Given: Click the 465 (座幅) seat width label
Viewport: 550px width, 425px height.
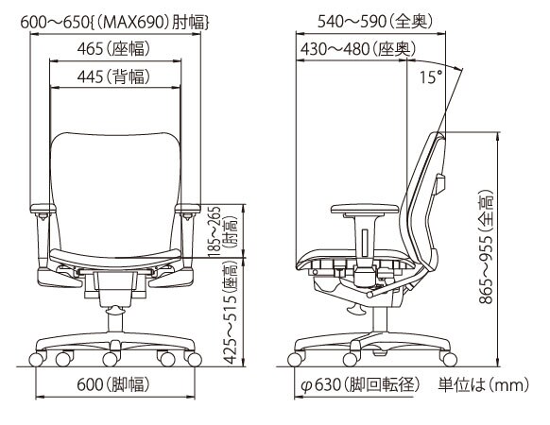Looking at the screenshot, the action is tap(113, 48).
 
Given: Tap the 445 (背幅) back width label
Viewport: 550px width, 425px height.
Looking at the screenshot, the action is tap(113, 76).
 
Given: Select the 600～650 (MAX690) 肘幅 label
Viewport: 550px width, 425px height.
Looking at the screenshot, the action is tap(115, 23).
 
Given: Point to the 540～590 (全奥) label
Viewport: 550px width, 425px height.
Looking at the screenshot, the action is tap(375, 21).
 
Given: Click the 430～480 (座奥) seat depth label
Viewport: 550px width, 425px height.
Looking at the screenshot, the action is tap(358, 49).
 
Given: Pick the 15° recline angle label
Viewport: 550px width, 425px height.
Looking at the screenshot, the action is tap(431, 77).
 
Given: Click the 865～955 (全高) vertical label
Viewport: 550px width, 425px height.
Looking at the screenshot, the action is tap(487, 246).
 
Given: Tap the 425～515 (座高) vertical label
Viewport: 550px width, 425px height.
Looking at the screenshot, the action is tap(231, 312).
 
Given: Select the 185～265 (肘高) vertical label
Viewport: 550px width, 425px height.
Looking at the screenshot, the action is tap(222, 231).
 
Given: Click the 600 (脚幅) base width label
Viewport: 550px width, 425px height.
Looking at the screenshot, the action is tap(113, 384).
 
